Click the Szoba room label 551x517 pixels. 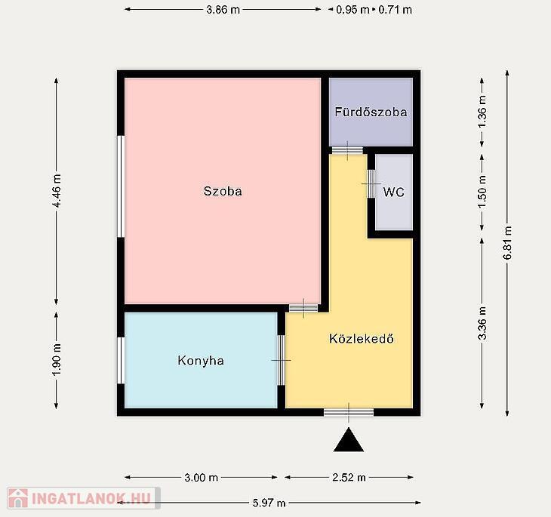pos(223,191)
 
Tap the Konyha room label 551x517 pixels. pos(201,361)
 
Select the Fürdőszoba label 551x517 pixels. pos(371,112)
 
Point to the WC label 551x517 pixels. pos(393,192)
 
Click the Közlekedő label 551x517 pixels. pos(362,338)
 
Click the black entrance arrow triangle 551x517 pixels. pos(349,439)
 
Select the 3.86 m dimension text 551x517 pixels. pos(223,10)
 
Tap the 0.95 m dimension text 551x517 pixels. pos(352,10)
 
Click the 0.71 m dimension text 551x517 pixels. pos(395,10)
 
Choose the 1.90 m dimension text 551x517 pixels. pos(57,359)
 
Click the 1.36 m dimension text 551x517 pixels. pos(482,112)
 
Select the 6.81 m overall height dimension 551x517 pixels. pos(507,242)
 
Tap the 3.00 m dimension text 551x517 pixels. pos(201,477)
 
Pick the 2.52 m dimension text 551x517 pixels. pos(349,477)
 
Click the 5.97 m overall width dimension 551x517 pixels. pos(269,503)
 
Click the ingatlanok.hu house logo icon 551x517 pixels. pos(18,498)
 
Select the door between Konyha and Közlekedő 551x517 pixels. pos(281,360)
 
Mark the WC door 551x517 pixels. pos(371,184)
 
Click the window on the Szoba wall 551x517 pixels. pos(121,186)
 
